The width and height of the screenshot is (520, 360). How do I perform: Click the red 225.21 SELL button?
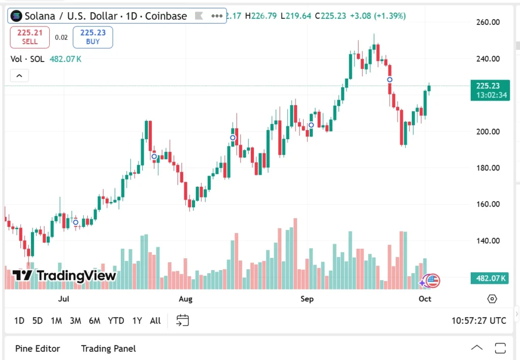point(30,37)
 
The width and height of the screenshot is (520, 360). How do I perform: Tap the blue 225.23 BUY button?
point(93,37)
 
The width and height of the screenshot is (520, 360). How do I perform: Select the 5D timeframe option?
point(38,320)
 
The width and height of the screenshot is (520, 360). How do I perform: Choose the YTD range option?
point(116,320)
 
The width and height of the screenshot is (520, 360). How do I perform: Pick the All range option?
point(155,320)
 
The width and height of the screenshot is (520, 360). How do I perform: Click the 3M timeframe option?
point(76,320)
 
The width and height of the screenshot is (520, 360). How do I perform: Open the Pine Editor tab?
point(38,348)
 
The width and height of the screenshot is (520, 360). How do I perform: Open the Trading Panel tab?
point(108,348)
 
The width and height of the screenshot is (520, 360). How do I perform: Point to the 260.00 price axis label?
point(488,22)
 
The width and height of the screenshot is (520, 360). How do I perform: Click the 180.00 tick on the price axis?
point(488,168)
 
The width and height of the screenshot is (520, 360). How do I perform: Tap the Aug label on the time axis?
point(185,299)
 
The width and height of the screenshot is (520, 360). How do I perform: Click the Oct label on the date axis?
point(425,299)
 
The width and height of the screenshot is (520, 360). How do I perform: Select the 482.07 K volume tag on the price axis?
point(489,278)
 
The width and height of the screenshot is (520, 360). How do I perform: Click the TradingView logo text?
point(64,276)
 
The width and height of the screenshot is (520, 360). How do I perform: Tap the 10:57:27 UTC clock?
point(478,320)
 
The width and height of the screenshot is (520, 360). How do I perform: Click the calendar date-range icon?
point(182,320)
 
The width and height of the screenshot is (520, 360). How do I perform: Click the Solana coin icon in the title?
point(16,16)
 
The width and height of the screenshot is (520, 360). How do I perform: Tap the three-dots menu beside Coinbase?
point(217,16)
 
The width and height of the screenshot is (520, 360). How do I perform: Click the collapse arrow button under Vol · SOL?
point(19,76)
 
